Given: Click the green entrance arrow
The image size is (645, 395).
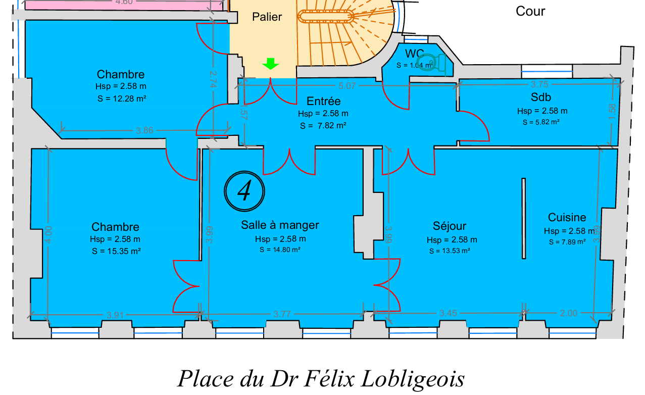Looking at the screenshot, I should click(271, 64).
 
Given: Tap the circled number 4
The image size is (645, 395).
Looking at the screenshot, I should click(244, 190).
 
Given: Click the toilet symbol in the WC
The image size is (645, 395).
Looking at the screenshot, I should click(432, 63).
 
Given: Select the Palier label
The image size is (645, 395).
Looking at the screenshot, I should click(267, 17).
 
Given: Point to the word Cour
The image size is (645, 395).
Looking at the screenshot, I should click(530, 11).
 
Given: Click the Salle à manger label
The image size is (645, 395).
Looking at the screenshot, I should click(280, 225).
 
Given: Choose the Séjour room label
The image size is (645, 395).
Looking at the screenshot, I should click(450, 226).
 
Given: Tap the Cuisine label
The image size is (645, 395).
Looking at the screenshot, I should click(567, 217).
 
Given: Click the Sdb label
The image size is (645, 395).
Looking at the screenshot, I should click(540, 97).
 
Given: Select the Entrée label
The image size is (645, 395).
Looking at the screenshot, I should click(323, 101).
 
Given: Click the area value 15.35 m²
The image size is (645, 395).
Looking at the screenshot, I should click(116, 251).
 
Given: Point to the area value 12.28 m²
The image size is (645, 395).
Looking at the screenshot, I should click(122, 98).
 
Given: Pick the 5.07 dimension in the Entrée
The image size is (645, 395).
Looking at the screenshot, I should click(348, 86).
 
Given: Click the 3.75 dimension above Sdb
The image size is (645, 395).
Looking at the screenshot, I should click(539, 84).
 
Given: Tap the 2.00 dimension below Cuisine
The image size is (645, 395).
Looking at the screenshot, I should click(568, 313).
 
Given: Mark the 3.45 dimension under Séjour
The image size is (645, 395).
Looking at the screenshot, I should click(448, 313).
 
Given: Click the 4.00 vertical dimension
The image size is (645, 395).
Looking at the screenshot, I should click(48, 235).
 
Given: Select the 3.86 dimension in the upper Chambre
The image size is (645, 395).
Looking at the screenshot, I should click(144, 130).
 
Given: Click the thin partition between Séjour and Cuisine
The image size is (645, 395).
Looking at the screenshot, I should click(524, 218).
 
